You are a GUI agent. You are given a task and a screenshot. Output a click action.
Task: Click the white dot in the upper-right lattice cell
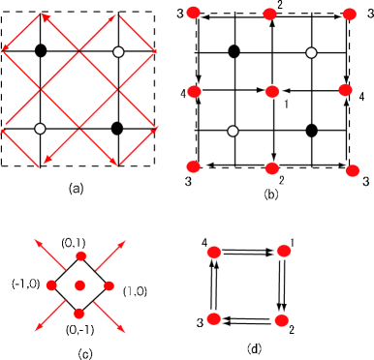pyautogui.click(x=118, y=52)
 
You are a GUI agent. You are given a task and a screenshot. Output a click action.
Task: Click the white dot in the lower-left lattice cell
pyautogui.click(x=40, y=129)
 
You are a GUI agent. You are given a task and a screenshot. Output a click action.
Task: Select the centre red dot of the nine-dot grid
pyautogui.click(x=272, y=92)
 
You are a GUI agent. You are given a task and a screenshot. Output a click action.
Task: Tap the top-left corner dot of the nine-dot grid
pyautogui.click(x=194, y=13)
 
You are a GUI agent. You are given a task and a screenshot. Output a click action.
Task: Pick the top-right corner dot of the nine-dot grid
pyautogui.click(x=349, y=14)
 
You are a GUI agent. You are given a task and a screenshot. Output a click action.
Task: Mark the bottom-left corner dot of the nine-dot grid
pyautogui.click(x=194, y=166)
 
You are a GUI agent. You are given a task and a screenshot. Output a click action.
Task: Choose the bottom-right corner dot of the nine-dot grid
pyautogui.click(x=352, y=170)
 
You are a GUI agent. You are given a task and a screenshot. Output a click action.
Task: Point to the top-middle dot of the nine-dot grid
pyautogui.click(x=269, y=15)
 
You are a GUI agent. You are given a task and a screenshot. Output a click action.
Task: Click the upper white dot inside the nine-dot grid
pyautogui.click(x=311, y=52)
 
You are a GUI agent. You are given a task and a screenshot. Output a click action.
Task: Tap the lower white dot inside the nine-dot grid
pyautogui.click(x=233, y=131)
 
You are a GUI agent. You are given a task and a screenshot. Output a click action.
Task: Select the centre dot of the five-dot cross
pyautogui.click(x=80, y=285)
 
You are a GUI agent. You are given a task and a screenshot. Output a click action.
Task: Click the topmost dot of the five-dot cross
pyautogui.click(x=81, y=256)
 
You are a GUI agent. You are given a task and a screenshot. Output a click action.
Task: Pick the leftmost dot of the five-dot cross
pyautogui.click(x=51, y=285)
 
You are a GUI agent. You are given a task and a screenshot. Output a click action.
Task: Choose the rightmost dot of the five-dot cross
pyautogui.click(x=109, y=285)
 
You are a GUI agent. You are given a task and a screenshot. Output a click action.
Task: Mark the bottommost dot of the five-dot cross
pyautogui.click(x=79, y=314)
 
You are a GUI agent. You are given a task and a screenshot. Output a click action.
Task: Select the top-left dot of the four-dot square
pyautogui.click(x=214, y=252)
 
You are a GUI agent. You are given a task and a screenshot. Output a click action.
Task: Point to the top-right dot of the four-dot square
pyautogui.click(x=284, y=251)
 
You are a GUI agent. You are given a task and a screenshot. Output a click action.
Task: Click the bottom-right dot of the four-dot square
pyautogui.click(x=281, y=319)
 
